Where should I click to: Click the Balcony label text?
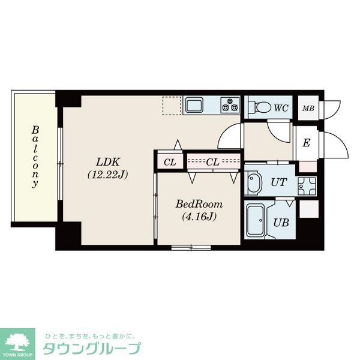35,157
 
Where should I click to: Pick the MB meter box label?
308,109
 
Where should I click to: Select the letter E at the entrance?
306,143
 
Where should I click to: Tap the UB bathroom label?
281,222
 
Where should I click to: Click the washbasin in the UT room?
253,182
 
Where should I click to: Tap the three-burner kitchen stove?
229,106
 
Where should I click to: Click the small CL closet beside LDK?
170,161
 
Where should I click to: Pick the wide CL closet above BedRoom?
212,161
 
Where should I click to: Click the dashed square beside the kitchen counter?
171,106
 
